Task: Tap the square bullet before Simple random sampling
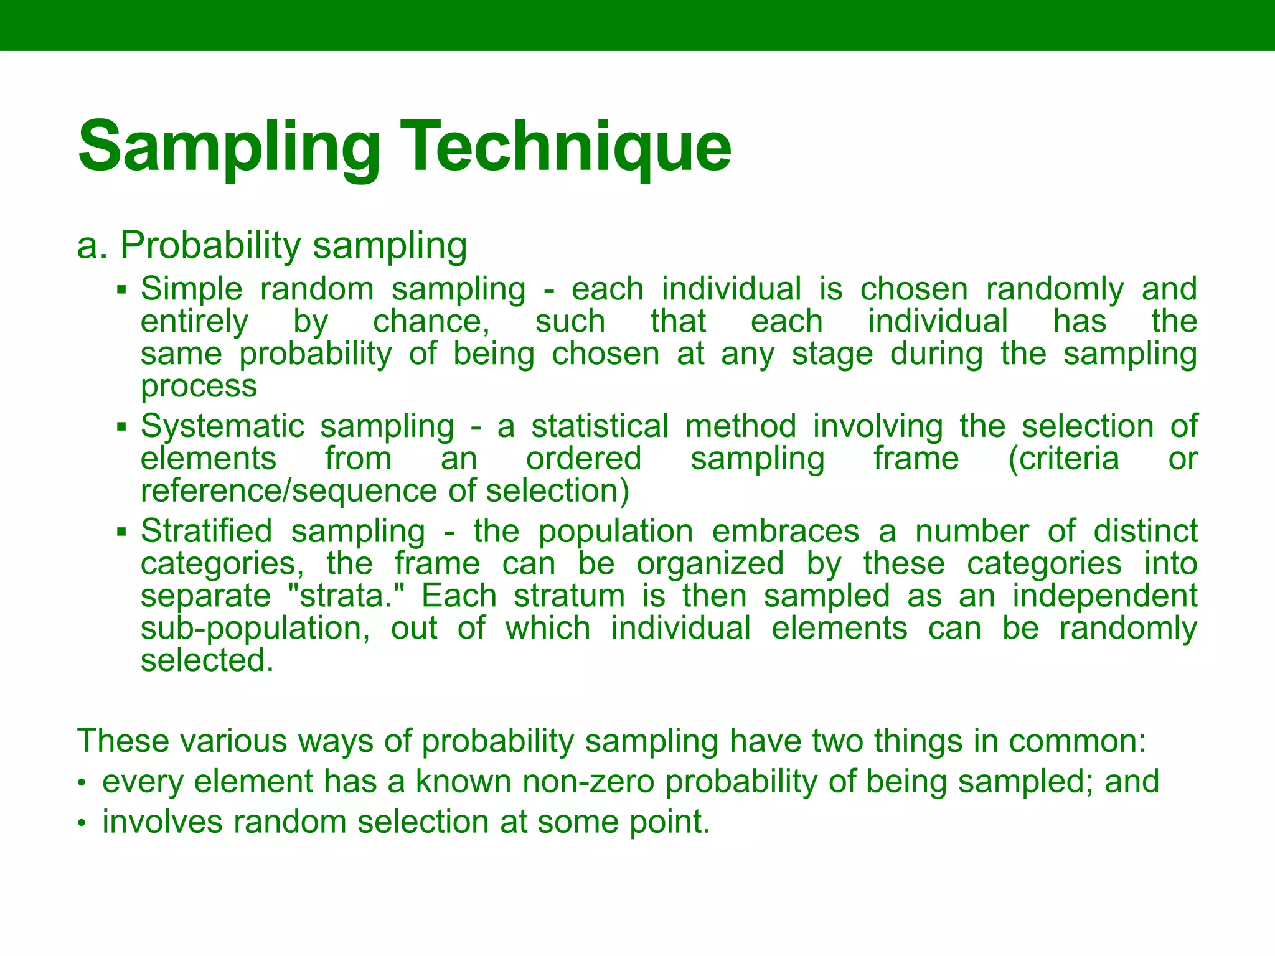(121, 290)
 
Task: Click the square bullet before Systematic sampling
(121, 428)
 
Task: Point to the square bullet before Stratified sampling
(121, 532)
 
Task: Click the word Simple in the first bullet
(191, 290)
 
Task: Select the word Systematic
(222, 427)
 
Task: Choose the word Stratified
(206, 532)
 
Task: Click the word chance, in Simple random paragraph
(431, 322)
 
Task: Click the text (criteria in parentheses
(1063, 459)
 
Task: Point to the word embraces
(785, 532)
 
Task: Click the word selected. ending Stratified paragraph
(207, 661)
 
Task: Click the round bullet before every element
(81, 784)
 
